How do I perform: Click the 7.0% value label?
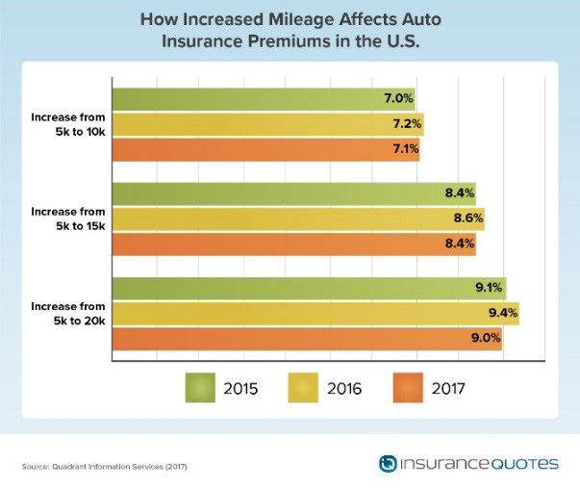tap(399, 98)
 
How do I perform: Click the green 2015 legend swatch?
tap(204, 388)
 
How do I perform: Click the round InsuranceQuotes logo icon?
tap(389, 464)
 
